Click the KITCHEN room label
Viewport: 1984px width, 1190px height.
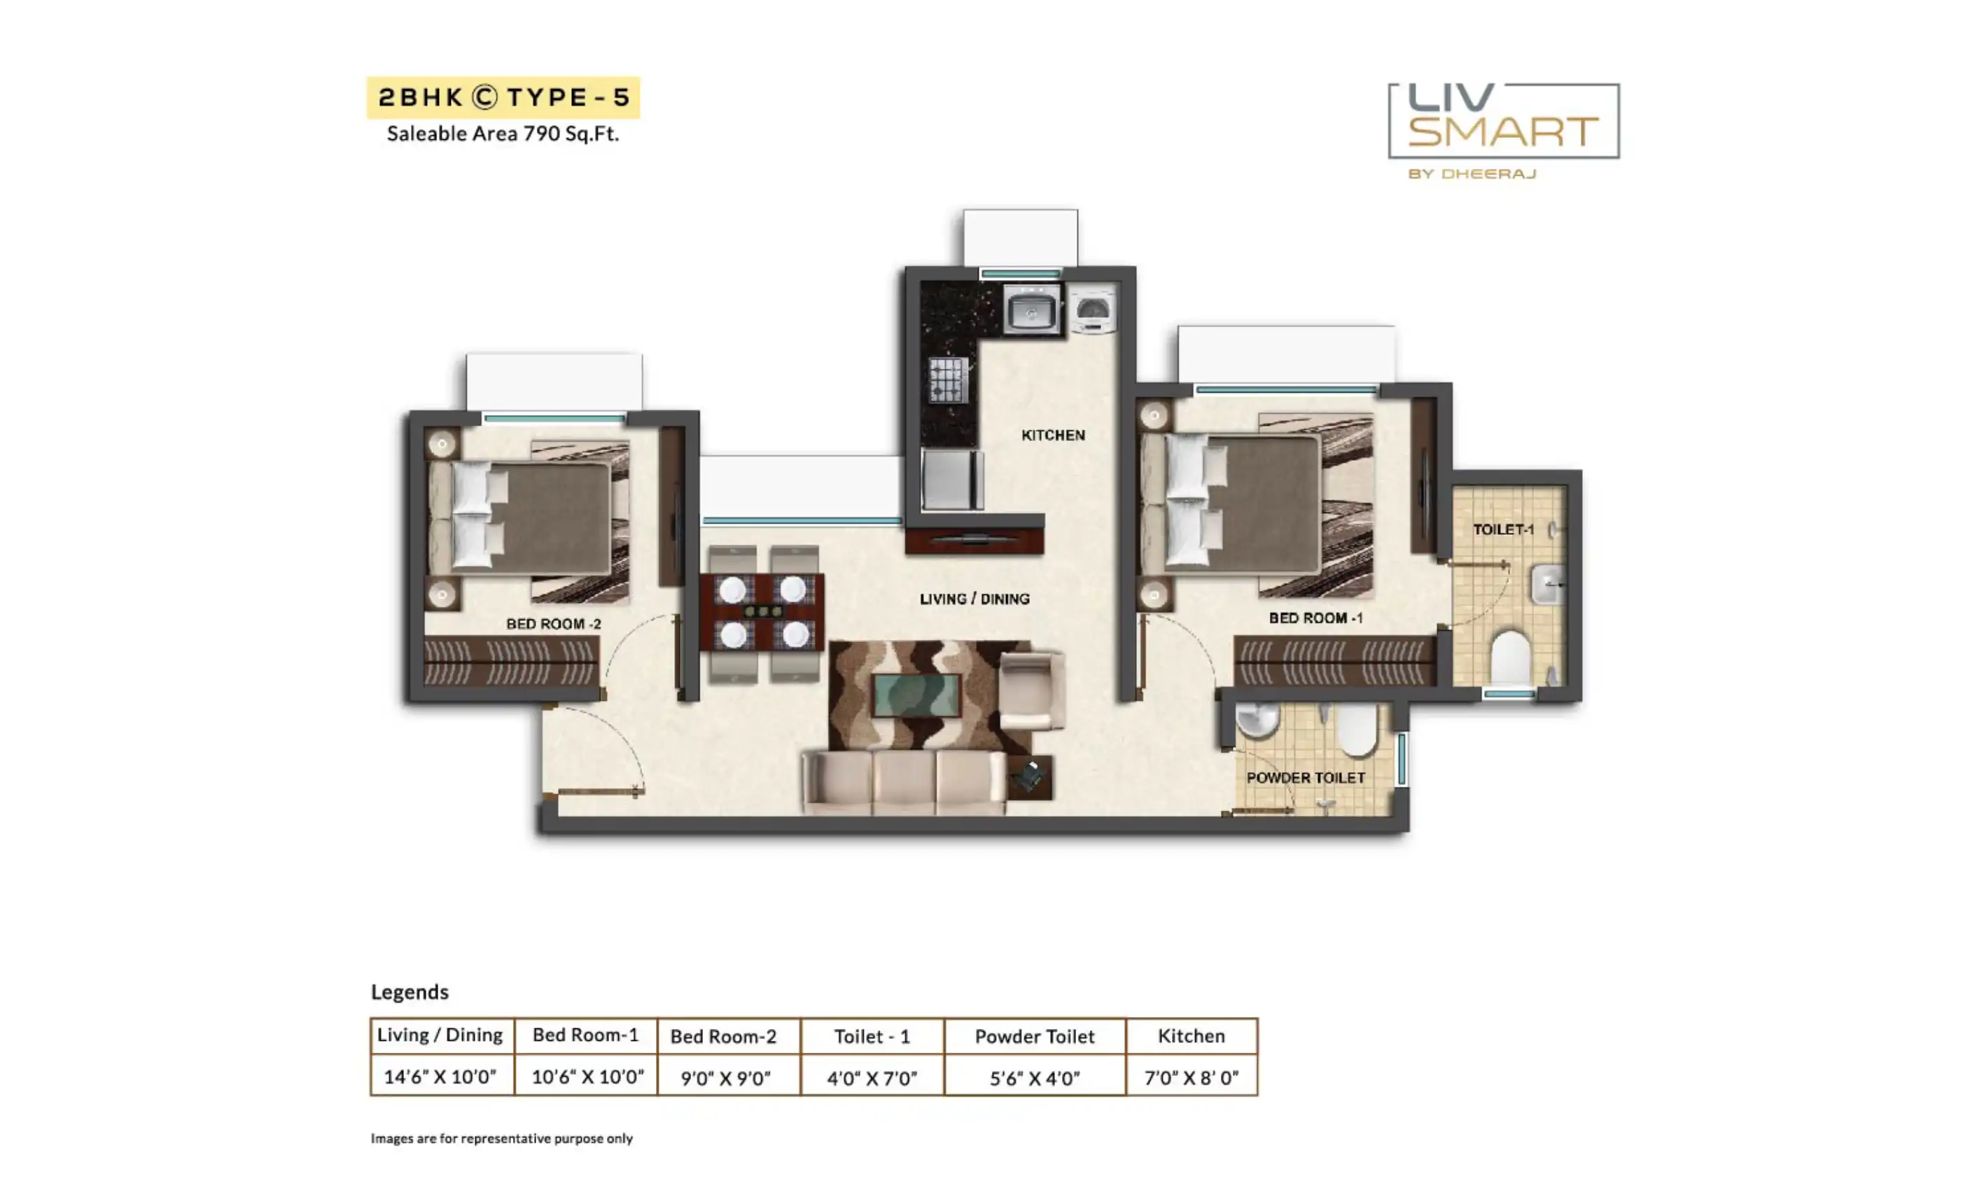pyautogui.click(x=1053, y=435)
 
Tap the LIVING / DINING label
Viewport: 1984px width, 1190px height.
pyautogui.click(x=974, y=599)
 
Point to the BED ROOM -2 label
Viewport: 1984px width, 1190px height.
pyautogui.click(x=553, y=624)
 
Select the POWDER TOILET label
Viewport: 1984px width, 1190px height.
pyautogui.click(x=1306, y=778)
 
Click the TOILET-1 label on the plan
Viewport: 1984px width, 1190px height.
pyautogui.click(x=1503, y=529)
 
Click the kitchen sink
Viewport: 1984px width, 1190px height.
pyautogui.click(x=1032, y=310)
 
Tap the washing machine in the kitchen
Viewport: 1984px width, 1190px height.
pyautogui.click(x=1092, y=309)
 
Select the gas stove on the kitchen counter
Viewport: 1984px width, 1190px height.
pyautogui.click(x=947, y=380)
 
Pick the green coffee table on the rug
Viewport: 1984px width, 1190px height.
pyautogui.click(x=916, y=695)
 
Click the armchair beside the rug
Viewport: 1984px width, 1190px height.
pyautogui.click(x=1032, y=690)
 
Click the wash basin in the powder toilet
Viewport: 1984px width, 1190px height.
pyautogui.click(x=1257, y=720)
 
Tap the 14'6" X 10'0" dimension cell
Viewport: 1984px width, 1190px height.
pyautogui.click(x=440, y=1076)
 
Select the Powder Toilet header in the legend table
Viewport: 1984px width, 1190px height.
pyautogui.click(x=1035, y=1036)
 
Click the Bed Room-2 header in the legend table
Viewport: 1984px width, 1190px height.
pyautogui.click(x=723, y=1036)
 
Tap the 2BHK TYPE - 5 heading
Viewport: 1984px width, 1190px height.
pyautogui.click(x=503, y=97)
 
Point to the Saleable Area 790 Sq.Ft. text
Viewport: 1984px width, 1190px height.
pyautogui.click(x=503, y=133)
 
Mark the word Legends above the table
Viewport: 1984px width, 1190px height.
pyautogui.click(x=410, y=993)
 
